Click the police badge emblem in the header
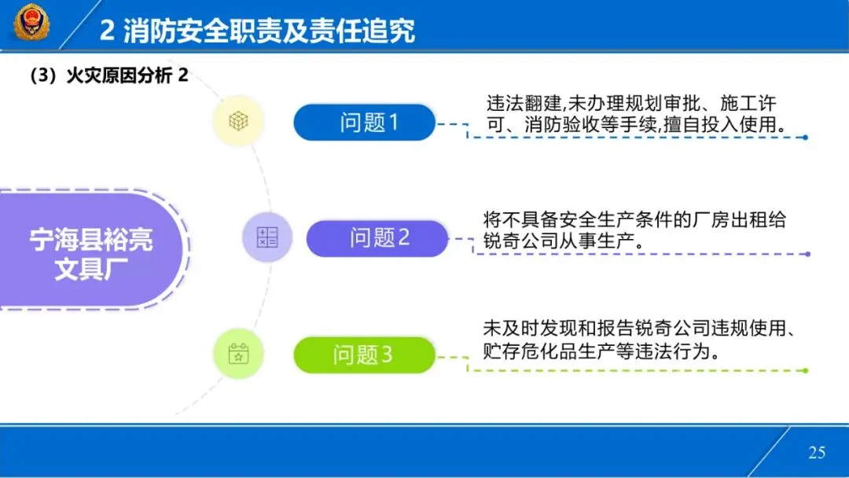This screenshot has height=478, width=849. click(x=31, y=23)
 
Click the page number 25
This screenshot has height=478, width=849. click(x=817, y=452)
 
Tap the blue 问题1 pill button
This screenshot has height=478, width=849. click(x=364, y=123)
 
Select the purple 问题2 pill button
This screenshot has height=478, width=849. click(x=377, y=238)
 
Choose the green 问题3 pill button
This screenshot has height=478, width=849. click(x=364, y=355)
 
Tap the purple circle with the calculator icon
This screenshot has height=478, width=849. click(x=267, y=237)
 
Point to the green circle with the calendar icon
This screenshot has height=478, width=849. click(x=238, y=354)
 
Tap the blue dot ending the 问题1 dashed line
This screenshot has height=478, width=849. click(x=805, y=138)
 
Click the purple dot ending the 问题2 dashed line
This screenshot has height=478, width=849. click(x=807, y=254)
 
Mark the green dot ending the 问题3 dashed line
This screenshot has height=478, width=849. click(x=805, y=370)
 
